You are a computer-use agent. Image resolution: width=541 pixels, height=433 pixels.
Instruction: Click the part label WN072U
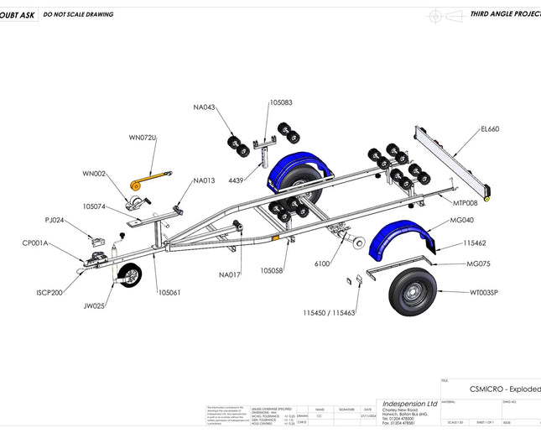coord(143,137)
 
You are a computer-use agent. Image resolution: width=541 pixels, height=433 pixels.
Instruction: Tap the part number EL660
coord(490,129)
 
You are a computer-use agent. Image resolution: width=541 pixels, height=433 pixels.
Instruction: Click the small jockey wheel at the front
coord(130,275)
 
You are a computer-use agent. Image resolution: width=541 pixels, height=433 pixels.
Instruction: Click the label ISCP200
coord(49,293)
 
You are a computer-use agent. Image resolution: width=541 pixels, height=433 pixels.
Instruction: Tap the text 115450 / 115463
coord(330,312)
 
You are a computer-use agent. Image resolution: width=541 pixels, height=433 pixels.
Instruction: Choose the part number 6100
coord(322,263)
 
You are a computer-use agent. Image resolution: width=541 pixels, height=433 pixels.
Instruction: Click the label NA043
coord(204,107)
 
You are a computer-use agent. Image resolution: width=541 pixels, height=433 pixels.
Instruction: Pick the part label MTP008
coord(465,203)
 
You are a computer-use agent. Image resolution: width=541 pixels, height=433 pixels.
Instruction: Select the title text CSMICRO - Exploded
coord(504,389)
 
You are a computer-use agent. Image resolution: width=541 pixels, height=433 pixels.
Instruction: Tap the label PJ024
coord(55,221)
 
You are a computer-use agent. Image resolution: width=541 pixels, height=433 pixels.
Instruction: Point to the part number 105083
coord(281,102)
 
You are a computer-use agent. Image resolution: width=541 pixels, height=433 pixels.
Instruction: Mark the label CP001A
coord(35,243)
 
